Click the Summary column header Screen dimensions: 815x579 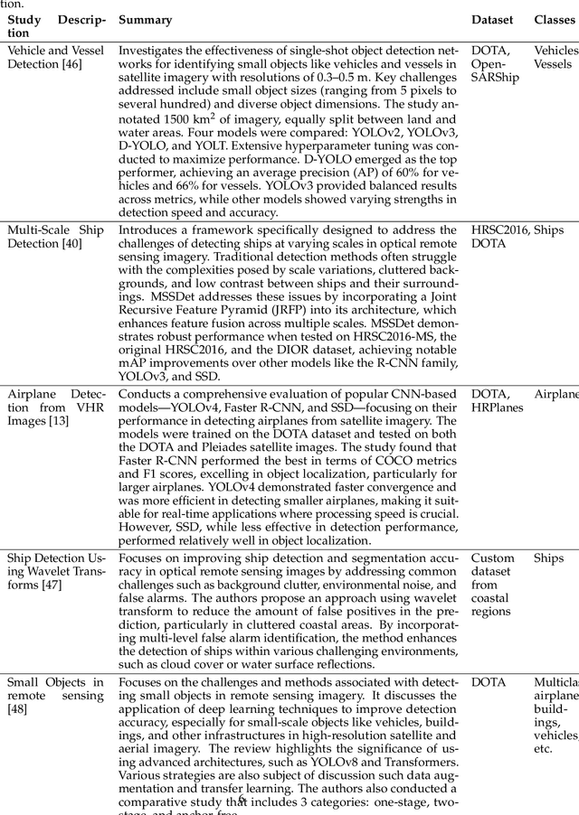pyautogui.click(x=147, y=19)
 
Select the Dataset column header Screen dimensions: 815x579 pyautogui.click(x=491, y=19)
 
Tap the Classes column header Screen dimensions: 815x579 pyautogui.click(x=554, y=19)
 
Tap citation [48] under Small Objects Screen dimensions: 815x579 pyautogui.click(x=17, y=710)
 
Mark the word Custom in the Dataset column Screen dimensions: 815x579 pyautogui.click(x=492, y=558)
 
